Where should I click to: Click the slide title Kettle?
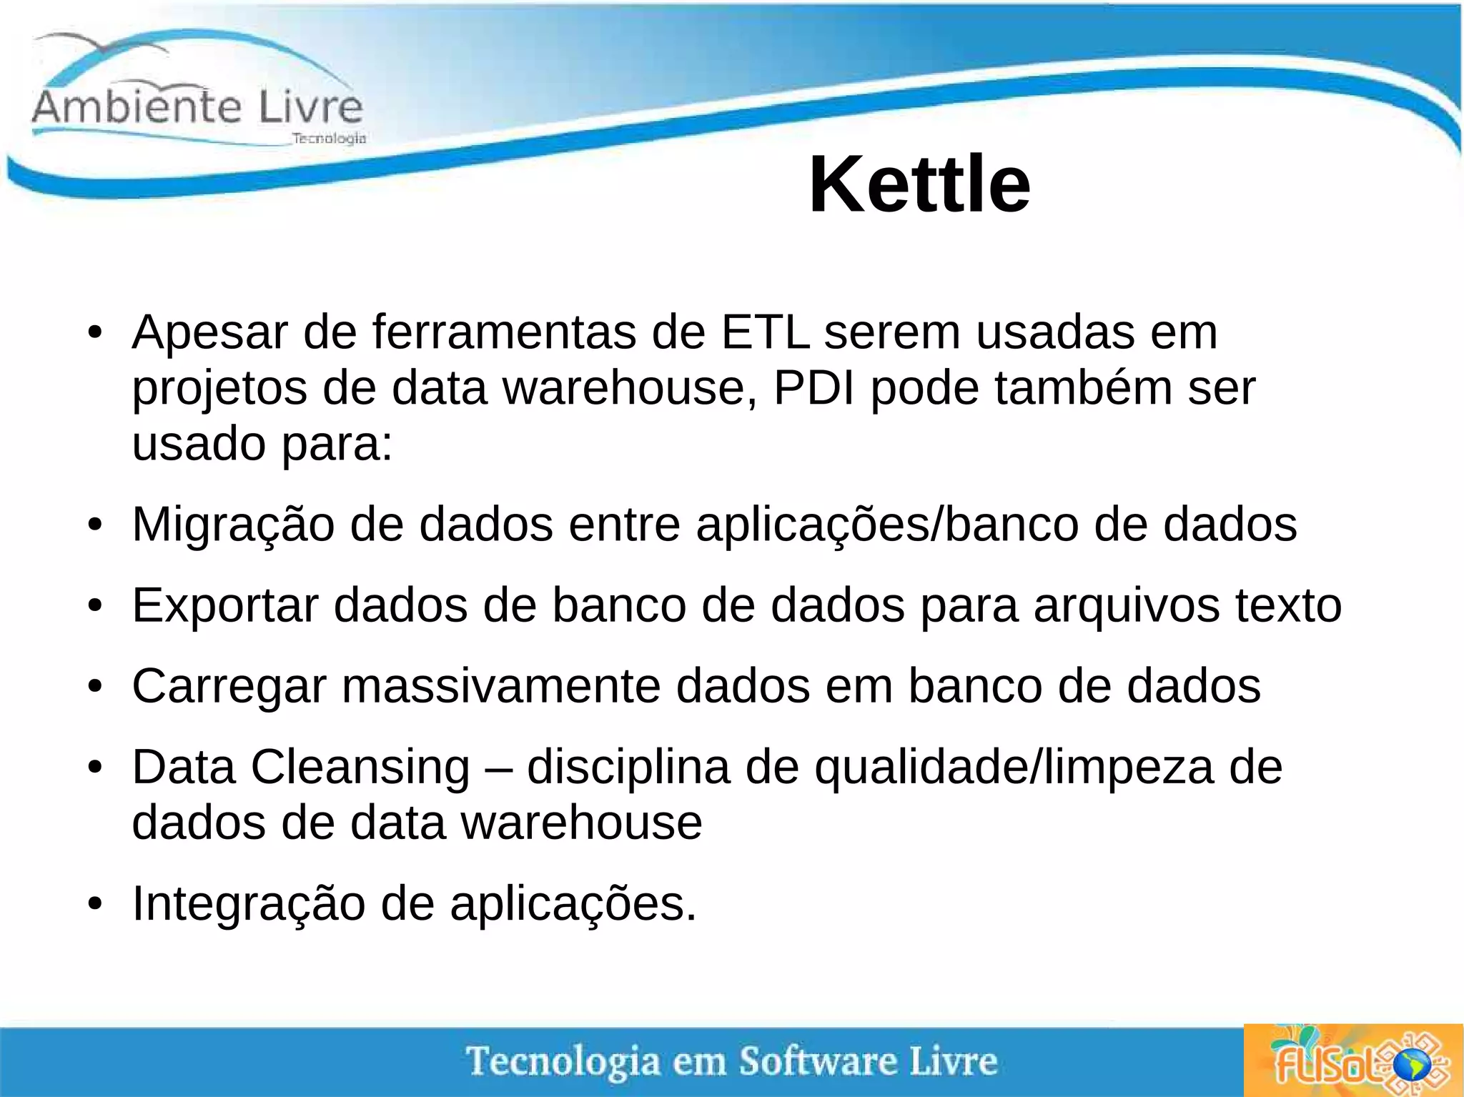(x=919, y=185)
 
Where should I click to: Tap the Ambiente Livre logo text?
(x=197, y=107)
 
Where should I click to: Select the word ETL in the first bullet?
(x=765, y=332)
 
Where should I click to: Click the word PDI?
(x=814, y=388)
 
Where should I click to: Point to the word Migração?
(x=233, y=525)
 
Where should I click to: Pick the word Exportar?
(x=225, y=606)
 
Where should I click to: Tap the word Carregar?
(x=229, y=687)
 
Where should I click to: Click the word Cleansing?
(x=360, y=768)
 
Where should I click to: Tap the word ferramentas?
(x=504, y=332)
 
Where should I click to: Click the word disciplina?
(x=628, y=768)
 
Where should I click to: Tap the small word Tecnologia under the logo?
(x=329, y=139)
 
